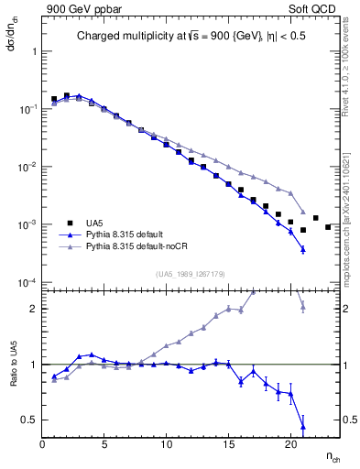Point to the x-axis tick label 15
(x=227, y=446)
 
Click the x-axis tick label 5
(x=104, y=446)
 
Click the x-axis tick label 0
(x=43, y=446)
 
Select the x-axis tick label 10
(x=166, y=446)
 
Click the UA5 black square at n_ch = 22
(x=315, y=218)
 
